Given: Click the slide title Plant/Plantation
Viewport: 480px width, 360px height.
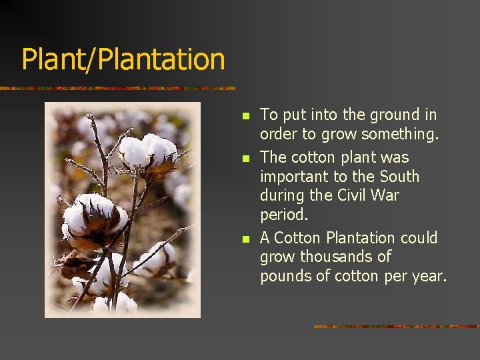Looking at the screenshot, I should [123, 59].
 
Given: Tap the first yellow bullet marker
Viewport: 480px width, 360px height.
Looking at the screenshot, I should [245, 116].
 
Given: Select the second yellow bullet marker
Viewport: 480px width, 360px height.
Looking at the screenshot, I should [245, 159].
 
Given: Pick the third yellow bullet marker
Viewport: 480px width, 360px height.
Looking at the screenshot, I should [245, 239].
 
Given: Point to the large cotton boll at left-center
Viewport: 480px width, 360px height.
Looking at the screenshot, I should [93, 219].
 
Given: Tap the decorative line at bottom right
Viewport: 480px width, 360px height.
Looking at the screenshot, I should [396, 327].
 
